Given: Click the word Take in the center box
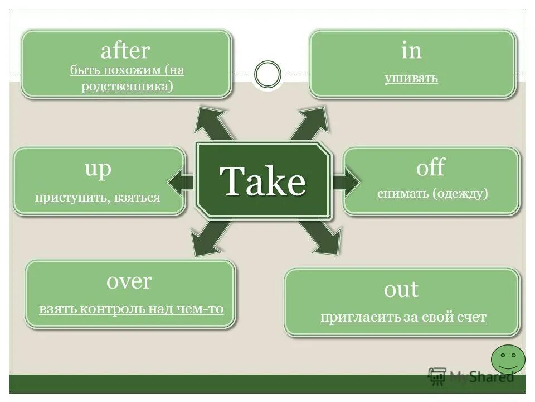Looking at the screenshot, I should point(263,180).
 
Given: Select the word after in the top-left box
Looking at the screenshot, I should point(125,51).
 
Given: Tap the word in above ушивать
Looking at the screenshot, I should point(411,51).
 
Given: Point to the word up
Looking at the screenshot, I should point(98,169).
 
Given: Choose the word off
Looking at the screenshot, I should point(431,167).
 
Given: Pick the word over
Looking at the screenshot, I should point(129,281).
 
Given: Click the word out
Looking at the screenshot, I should point(401,289).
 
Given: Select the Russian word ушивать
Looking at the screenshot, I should point(411,78).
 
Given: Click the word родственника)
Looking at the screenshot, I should point(127,87).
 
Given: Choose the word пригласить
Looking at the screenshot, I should point(361,318).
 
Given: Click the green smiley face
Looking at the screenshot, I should point(508,359).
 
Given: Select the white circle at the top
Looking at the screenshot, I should point(267,74).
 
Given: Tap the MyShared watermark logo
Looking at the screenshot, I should point(471,376).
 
